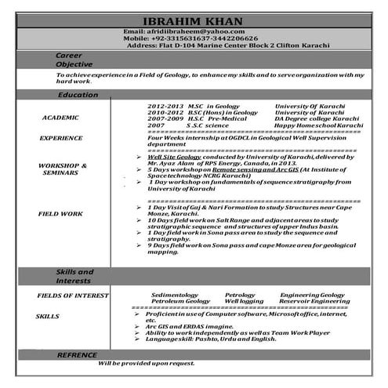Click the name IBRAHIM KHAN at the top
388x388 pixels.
click(x=194, y=20)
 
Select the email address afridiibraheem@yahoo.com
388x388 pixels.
click(x=193, y=31)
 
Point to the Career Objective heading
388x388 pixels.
click(x=75, y=60)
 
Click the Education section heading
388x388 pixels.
click(x=78, y=95)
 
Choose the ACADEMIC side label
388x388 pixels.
click(x=61, y=118)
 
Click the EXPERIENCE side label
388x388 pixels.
click(x=61, y=138)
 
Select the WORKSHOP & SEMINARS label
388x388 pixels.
click(x=62, y=170)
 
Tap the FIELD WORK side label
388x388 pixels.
click(x=62, y=213)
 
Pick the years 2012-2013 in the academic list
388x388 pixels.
click(x=165, y=106)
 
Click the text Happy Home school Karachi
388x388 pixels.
click(x=321, y=125)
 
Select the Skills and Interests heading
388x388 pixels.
click(x=75, y=275)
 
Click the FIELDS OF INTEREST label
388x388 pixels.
click(x=72, y=296)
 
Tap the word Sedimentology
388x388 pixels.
click(x=180, y=295)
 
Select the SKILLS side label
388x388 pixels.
click(x=47, y=316)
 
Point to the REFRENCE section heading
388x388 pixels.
click(x=77, y=355)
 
